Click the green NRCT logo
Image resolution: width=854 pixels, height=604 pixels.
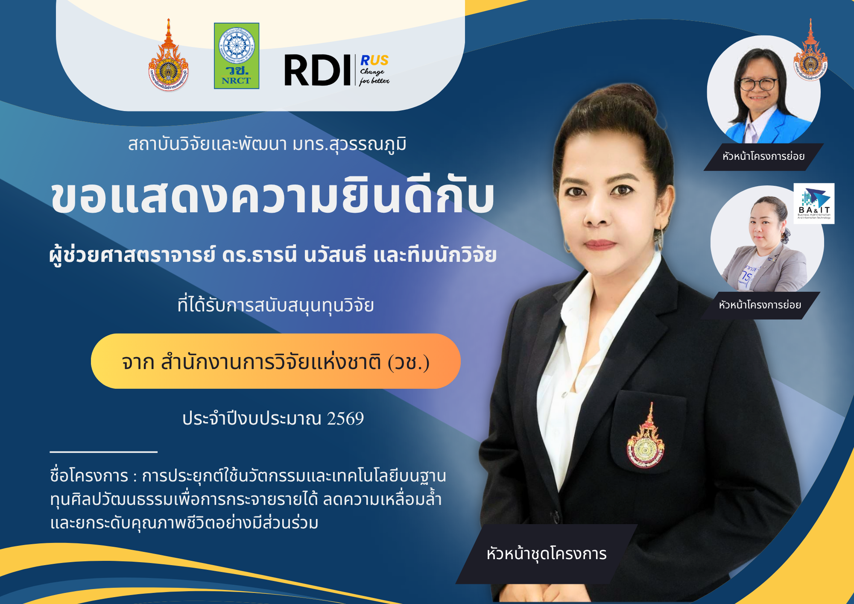tap(237, 56)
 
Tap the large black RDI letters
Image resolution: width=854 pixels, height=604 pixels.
tap(318, 70)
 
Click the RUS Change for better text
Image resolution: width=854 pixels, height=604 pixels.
tap(374, 70)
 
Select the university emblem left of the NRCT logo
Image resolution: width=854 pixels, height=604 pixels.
tap(169, 55)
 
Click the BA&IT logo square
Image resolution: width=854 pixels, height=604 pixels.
tap(814, 204)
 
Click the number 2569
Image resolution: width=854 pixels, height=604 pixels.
tap(345, 418)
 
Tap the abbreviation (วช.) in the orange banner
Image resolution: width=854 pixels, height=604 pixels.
tap(408, 362)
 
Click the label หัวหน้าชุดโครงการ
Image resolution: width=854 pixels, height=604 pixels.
tap(547, 554)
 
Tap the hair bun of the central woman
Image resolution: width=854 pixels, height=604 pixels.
tap(635, 101)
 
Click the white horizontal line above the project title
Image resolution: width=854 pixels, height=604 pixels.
tap(104, 452)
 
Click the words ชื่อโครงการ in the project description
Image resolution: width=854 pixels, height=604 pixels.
tap(89, 475)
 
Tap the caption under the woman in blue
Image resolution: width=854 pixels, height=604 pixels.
tap(763, 156)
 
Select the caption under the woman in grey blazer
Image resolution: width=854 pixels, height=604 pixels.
tap(760, 305)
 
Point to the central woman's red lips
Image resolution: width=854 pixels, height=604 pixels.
tap(601, 244)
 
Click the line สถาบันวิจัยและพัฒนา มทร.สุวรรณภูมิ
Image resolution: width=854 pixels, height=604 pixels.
tap(267, 144)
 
